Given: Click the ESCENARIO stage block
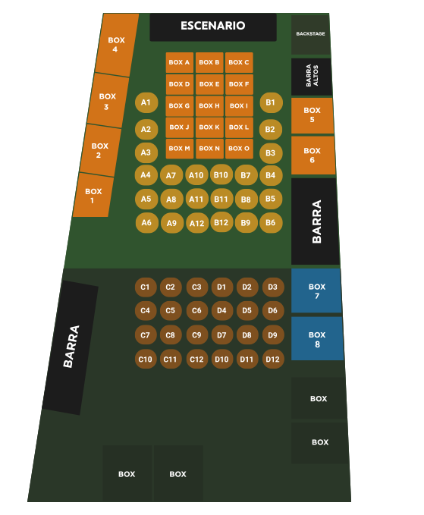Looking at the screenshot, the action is pos(213,27).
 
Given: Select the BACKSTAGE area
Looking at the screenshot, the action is pos(310,34).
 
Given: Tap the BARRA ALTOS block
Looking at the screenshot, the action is pos(312,77).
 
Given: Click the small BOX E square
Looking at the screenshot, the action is pos(209,84).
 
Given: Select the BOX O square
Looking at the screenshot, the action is pos(239,149).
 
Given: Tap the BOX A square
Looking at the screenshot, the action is pos(179,62).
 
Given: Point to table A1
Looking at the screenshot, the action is pos(146,103).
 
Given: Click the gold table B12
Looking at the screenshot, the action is pos(221,223).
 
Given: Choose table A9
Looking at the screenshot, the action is pos(171,223).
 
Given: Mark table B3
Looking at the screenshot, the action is pos(271,153).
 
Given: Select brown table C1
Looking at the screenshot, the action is pos(145,287).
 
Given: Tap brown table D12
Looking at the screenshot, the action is pos(273,359).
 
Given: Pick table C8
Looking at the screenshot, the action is pos(171,335).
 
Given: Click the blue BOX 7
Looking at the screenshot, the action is pos(316,290).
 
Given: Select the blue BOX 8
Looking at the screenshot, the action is pos(317,338).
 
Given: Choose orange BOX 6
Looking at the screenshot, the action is pos(313,155).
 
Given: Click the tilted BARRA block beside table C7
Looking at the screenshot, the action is pos(71,347).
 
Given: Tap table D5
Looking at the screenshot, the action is pos(247,311).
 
